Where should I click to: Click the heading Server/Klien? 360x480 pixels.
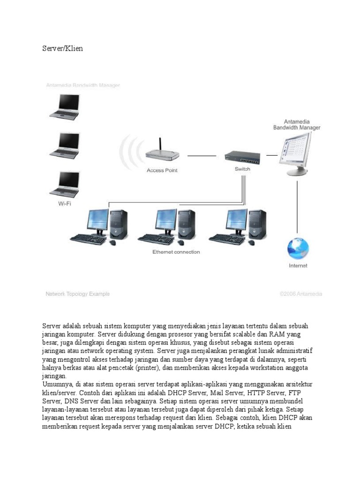pos(62,48)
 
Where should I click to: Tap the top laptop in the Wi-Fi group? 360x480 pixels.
pos(65,107)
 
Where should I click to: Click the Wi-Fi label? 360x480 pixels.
pos(65,203)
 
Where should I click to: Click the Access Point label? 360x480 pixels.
pos(162,170)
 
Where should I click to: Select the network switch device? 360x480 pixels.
pos(242,158)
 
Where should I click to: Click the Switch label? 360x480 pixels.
pos(242,169)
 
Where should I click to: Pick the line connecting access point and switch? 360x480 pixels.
pos(202,156)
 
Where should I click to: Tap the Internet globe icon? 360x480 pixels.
pos(298,248)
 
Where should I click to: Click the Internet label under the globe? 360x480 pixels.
pos(298,266)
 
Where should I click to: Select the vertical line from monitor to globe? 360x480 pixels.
pos(297,207)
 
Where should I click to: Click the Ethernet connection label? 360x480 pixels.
pos(176,252)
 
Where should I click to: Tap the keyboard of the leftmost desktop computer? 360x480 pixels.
pos(88,239)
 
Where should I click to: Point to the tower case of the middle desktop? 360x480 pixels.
pos(187,224)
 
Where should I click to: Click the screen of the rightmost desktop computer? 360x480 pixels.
pos(236,220)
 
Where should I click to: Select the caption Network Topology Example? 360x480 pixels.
pos(77,294)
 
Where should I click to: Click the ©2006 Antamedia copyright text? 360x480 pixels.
pos(300,294)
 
